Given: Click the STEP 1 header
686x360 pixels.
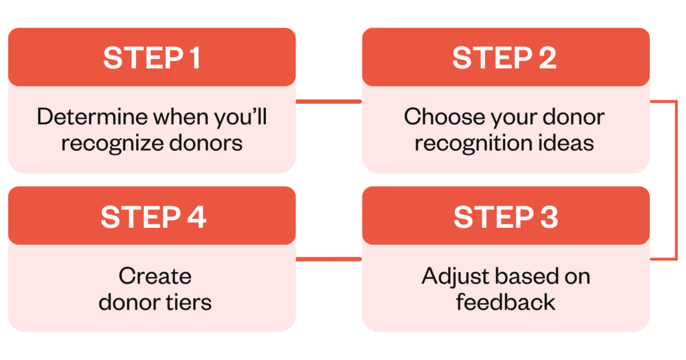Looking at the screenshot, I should [x=151, y=58].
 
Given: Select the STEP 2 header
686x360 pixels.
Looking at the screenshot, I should [x=506, y=58].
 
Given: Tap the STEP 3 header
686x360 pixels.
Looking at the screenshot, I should [x=506, y=217].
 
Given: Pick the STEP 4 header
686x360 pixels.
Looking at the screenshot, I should [x=151, y=217].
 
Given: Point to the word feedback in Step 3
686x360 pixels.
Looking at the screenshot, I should [x=506, y=302].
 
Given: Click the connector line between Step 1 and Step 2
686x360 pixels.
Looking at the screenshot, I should [x=329, y=102].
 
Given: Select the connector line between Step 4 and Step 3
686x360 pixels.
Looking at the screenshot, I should [x=329, y=259].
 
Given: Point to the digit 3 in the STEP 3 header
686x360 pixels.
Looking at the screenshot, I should [x=548, y=217].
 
